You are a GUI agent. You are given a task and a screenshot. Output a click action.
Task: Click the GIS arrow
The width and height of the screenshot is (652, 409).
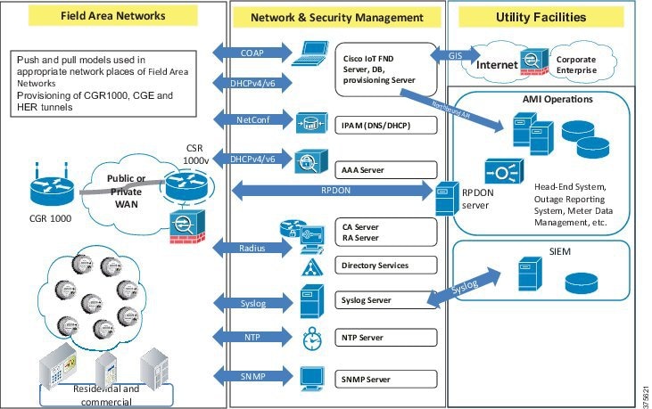tap(455, 53)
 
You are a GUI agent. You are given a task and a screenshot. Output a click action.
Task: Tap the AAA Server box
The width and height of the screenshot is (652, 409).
tap(386, 168)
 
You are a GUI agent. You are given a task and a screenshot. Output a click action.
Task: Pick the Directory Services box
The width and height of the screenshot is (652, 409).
tap(386, 266)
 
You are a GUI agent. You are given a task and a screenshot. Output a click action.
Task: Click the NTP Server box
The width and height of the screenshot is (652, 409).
tap(386, 338)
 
